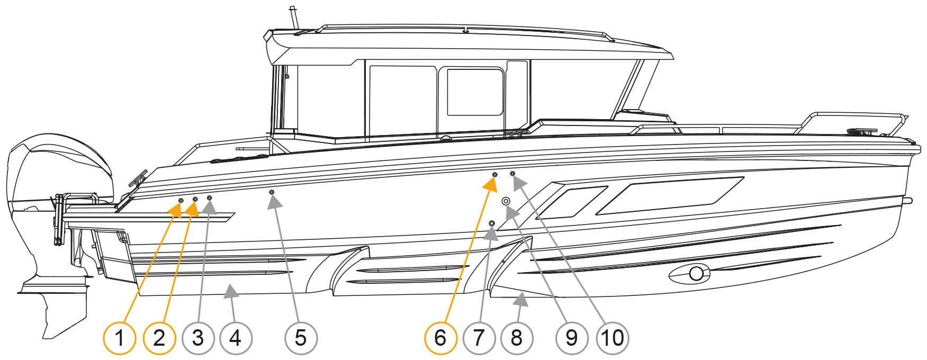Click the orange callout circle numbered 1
pos(120,338)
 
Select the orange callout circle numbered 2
pos(159,338)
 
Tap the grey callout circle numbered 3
pos(198,338)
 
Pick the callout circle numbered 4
pos(236,338)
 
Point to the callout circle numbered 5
pos(301,338)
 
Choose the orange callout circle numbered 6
pos(440,338)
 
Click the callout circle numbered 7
pos(479,338)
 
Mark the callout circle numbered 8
pos(517,338)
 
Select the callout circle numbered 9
pos(572,338)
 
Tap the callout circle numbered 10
pos(613,338)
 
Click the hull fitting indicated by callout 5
pos(272,192)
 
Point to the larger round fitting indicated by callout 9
pos(506,201)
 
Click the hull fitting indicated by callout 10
pos(512,174)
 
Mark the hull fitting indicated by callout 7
pos(492,223)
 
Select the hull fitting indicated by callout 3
pos(210,197)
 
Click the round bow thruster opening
pos(696,273)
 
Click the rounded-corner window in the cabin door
pos(475,92)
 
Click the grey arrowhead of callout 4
pos(230,291)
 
